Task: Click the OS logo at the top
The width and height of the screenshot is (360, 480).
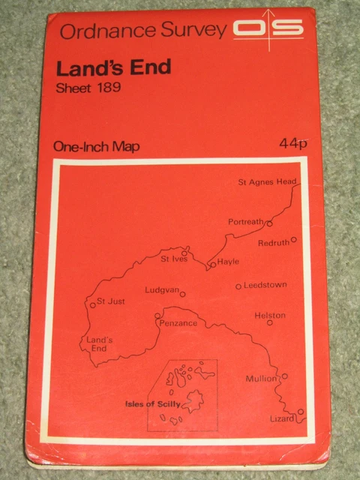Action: (x=268, y=30)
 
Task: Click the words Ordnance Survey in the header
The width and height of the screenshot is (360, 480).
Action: (x=142, y=31)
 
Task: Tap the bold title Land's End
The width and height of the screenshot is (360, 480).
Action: (x=113, y=67)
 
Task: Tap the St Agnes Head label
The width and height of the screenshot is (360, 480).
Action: (x=267, y=182)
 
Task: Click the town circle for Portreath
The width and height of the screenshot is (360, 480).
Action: (x=268, y=223)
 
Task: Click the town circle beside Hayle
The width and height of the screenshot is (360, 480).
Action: (x=212, y=264)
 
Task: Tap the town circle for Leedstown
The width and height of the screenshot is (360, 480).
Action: (x=238, y=286)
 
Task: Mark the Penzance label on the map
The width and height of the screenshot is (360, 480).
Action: (x=178, y=323)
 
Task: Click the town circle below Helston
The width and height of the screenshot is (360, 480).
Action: (x=270, y=322)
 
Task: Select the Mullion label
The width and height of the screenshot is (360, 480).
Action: (x=261, y=379)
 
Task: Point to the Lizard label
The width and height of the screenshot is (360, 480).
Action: (x=282, y=418)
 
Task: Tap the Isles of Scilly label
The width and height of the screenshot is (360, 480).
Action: (x=151, y=404)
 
